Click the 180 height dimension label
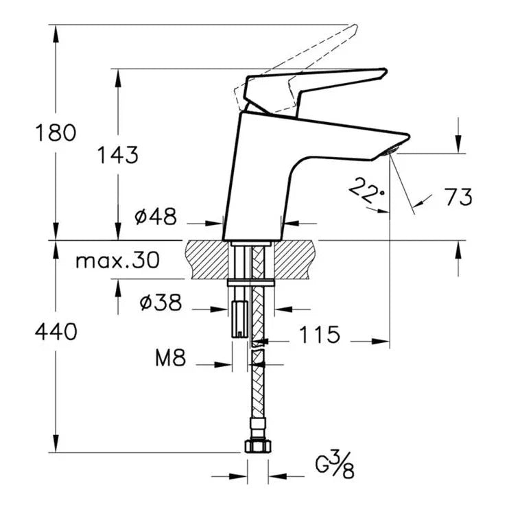tap(56, 132)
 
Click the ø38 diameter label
tap(160, 303)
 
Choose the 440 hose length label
tap(56, 333)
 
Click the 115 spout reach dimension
tap(319, 335)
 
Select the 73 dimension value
tap(458, 198)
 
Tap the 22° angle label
tap(366, 189)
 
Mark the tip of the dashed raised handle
tap(353, 29)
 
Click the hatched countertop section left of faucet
tap(206, 259)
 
